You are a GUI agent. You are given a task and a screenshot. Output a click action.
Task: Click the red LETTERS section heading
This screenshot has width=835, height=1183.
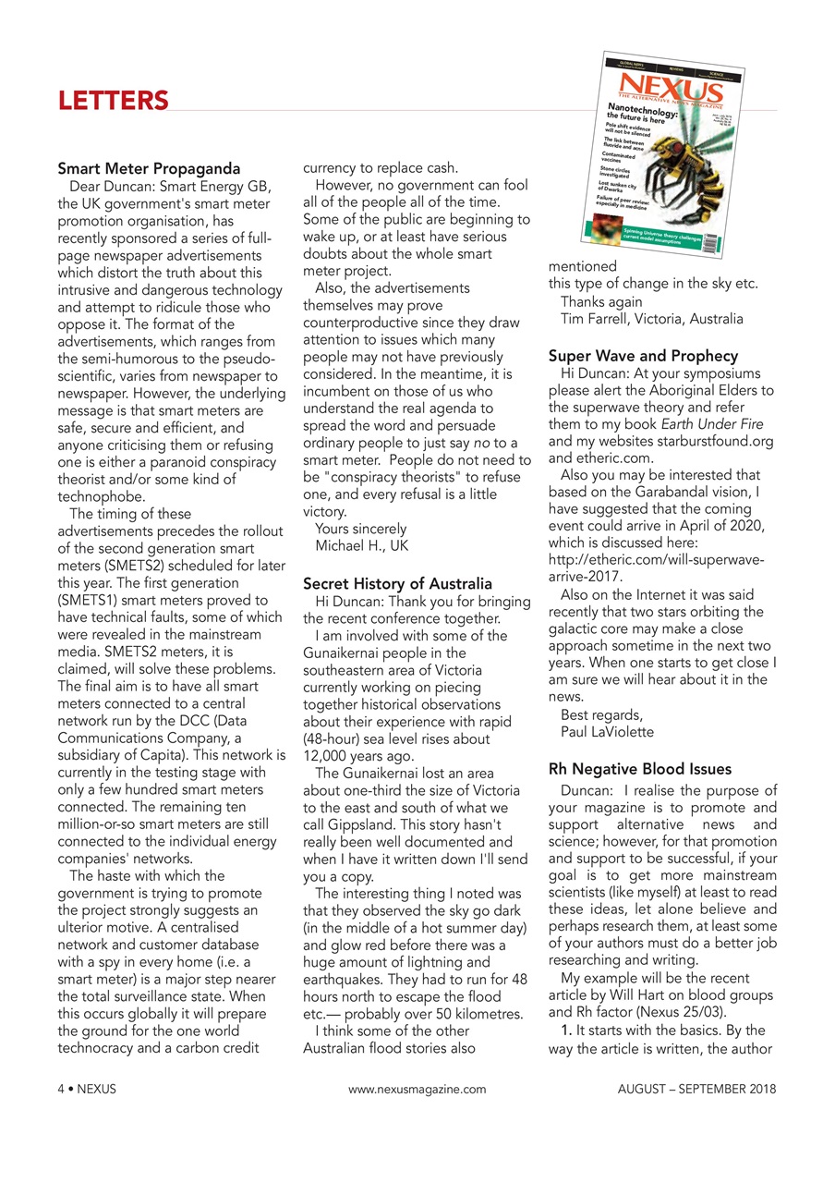coord(113,100)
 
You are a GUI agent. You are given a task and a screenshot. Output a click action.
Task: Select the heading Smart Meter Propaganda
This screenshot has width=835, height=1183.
coord(149,169)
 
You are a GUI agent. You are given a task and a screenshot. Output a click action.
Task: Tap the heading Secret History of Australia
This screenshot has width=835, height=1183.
coord(397,584)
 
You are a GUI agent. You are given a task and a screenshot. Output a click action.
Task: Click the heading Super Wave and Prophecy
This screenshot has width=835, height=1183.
coord(643,356)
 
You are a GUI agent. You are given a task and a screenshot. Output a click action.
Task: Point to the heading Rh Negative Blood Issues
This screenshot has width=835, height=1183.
coord(639,769)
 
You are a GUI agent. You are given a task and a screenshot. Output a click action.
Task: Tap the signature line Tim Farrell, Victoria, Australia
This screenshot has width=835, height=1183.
coord(651,319)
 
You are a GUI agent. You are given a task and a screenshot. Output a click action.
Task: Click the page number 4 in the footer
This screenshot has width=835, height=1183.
coord(61,1089)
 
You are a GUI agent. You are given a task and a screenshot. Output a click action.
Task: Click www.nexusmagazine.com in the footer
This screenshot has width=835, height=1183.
coord(417,1089)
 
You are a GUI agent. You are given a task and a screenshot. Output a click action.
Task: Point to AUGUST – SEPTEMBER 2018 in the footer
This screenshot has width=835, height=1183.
coord(696,1089)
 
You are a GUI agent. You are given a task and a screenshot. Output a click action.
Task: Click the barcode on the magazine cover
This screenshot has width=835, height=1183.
coord(708,241)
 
